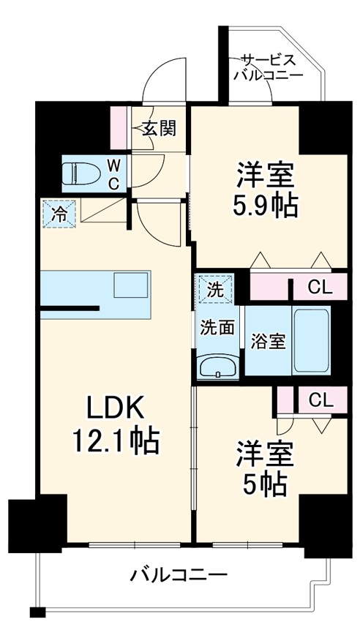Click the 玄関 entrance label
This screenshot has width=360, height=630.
[158, 130]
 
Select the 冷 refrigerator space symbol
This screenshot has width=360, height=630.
[57, 214]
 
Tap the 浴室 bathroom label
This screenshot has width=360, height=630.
[267, 342]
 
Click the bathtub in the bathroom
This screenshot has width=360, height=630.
[311, 340]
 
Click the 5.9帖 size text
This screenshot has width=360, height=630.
[266, 206]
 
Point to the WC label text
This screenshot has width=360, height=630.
[115, 173]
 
